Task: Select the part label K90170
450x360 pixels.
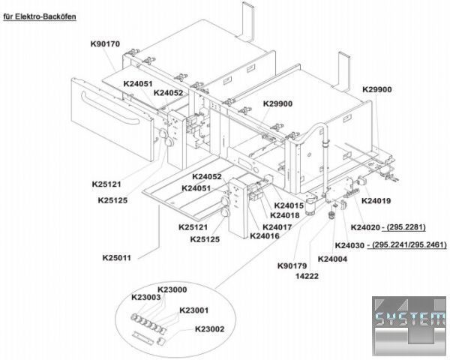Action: [x=105, y=44]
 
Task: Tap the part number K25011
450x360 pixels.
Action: [x=117, y=258]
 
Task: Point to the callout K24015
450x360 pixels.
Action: [x=288, y=205]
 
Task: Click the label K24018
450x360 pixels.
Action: [x=285, y=215]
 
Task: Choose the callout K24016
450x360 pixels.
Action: [x=265, y=236]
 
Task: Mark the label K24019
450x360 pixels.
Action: [x=377, y=201]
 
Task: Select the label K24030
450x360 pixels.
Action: [x=349, y=245]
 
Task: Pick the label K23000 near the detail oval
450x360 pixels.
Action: [x=172, y=289]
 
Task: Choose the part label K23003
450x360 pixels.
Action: [x=146, y=298]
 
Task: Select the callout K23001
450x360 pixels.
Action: [x=194, y=310]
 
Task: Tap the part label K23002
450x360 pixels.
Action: [x=209, y=328]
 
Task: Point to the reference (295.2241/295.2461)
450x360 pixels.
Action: [x=409, y=245]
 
